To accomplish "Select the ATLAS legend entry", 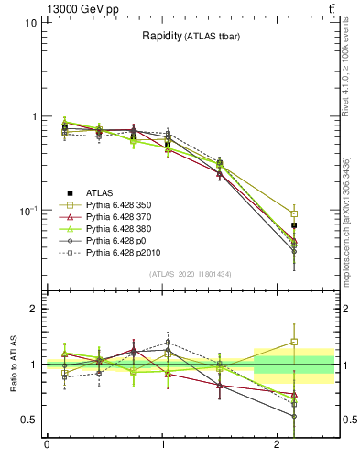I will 101,192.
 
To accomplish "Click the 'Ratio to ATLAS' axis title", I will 13,364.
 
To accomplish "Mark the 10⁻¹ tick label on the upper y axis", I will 27,210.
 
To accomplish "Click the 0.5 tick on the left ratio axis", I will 28,420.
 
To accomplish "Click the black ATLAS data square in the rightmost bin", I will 294,224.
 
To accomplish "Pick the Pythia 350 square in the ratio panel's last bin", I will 294,342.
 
